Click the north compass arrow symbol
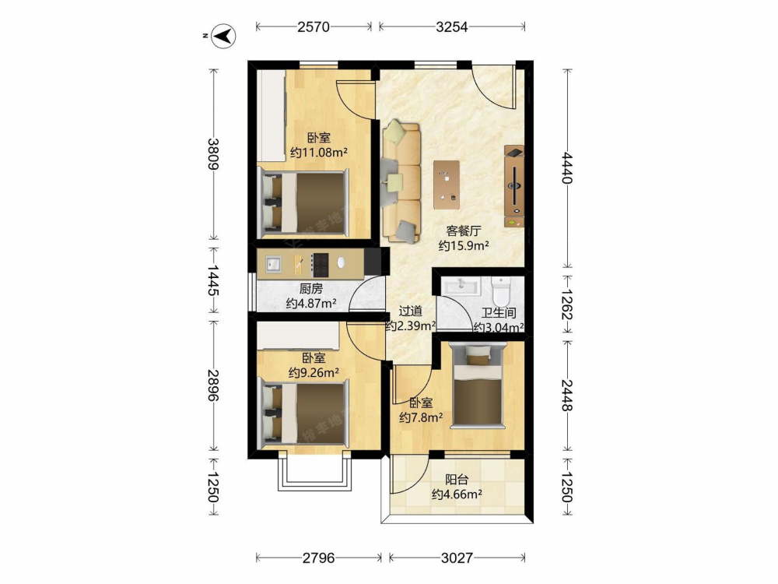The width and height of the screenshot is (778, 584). pyautogui.click(x=223, y=36)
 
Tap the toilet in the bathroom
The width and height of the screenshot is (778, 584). pyautogui.click(x=500, y=291)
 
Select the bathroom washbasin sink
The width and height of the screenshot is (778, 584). pyautogui.click(x=461, y=287)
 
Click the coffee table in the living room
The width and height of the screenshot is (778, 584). pyautogui.click(x=446, y=185)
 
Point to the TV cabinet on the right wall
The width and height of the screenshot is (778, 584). pyautogui.click(x=514, y=186)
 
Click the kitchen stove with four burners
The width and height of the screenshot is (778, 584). pyautogui.click(x=320, y=265)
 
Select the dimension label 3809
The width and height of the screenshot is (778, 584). pyautogui.click(x=213, y=154)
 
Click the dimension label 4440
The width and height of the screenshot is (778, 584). pyautogui.click(x=566, y=168)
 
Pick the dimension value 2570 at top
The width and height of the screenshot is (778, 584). pyautogui.click(x=314, y=26)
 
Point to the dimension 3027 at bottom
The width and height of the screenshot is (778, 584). pyautogui.click(x=457, y=558)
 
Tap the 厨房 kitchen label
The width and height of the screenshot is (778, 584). pyautogui.click(x=310, y=289)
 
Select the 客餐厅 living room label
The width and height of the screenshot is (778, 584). pyautogui.click(x=464, y=231)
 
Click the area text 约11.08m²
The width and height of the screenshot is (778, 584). pyautogui.click(x=318, y=153)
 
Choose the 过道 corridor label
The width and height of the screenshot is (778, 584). pyautogui.click(x=410, y=311)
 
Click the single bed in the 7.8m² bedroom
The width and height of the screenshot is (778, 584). pyautogui.click(x=478, y=386)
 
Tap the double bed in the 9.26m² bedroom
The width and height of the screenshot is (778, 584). pyautogui.click(x=303, y=412)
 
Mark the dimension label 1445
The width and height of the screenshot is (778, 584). pyautogui.click(x=213, y=280)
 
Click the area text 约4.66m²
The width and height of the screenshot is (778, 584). pyautogui.click(x=457, y=494)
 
